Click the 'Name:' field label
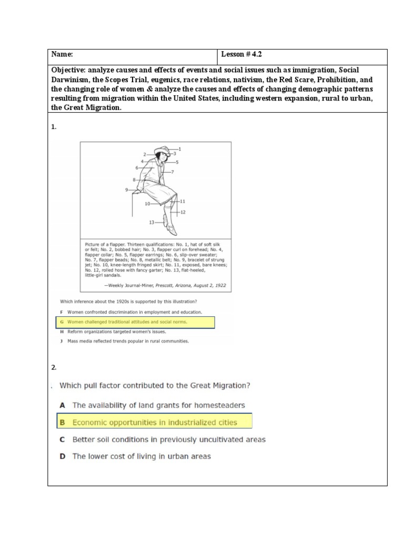point(62,55)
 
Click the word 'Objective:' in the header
point(69,70)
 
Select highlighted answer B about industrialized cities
point(154,422)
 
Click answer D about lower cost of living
point(141,456)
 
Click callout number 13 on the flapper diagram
point(151,222)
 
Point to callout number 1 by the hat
point(179,148)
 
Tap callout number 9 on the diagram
point(127,189)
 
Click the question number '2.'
point(54,367)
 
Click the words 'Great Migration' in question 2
point(221,385)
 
